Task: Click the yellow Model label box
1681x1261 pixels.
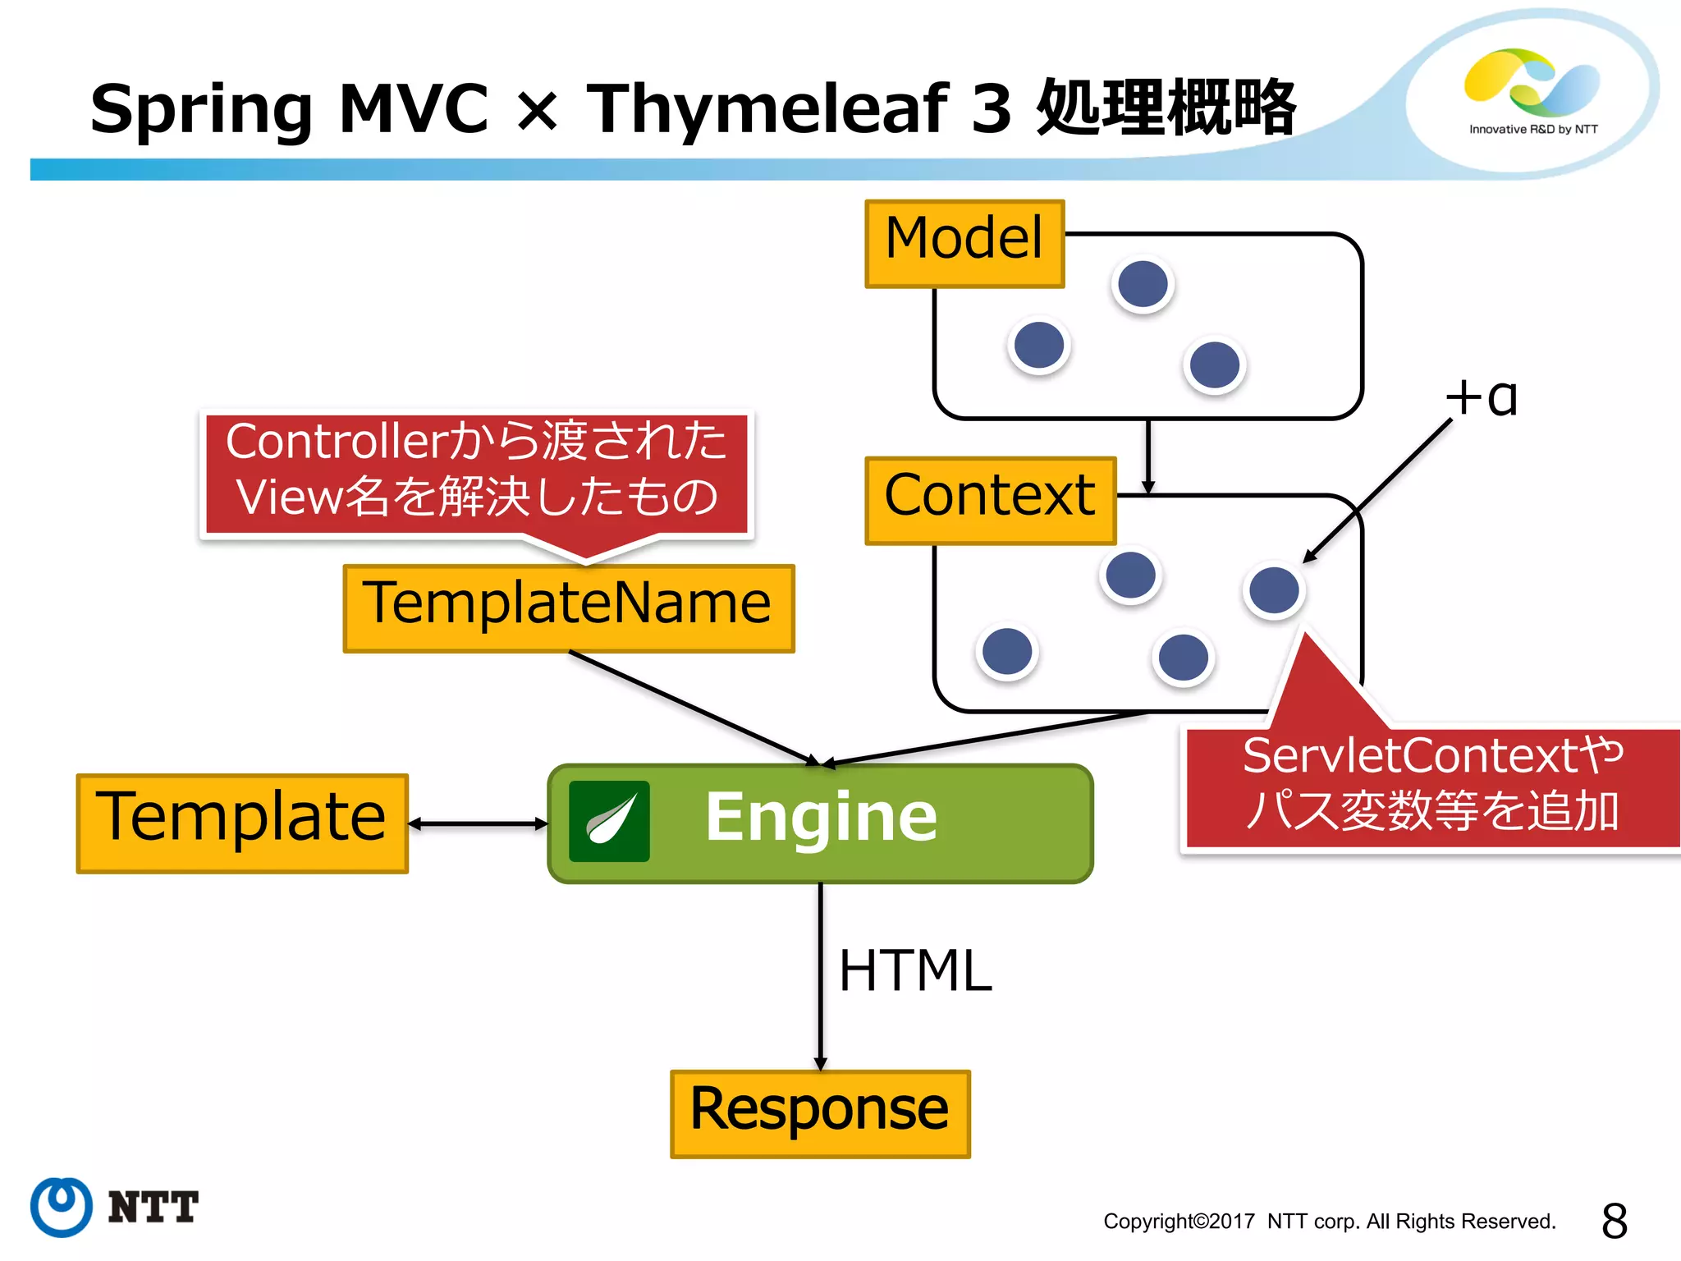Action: pyautogui.click(x=964, y=243)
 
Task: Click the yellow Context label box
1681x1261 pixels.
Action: pyautogui.click(x=990, y=500)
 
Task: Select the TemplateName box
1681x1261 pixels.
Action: pyautogui.click(x=568, y=608)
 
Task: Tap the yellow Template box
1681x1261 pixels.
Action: pyautogui.click(x=242, y=823)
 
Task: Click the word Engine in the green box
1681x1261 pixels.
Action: pyautogui.click(x=821, y=817)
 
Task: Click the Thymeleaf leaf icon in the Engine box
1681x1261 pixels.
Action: pyautogui.click(x=609, y=821)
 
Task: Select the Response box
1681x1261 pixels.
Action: pyautogui.click(x=820, y=1113)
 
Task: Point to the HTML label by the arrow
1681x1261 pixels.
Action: pyautogui.click(x=915, y=971)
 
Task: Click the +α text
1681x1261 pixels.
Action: pyautogui.click(x=1482, y=399)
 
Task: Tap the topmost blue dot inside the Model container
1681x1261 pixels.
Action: pyautogui.click(x=1143, y=284)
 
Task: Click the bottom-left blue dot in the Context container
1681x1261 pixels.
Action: pyautogui.click(x=1007, y=651)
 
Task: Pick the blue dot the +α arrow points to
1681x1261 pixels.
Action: pyautogui.click(x=1274, y=589)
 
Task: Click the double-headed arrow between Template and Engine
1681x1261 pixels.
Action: pyautogui.click(x=478, y=823)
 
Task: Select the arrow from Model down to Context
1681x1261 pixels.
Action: pyautogui.click(x=1148, y=456)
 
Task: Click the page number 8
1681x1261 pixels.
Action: pyautogui.click(x=1614, y=1221)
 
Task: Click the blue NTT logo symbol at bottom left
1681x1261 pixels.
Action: pyautogui.click(x=62, y=1206)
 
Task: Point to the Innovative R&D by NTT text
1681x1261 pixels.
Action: pyautogui.click(x=1533, y=129)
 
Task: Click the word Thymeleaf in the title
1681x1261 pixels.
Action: pyautogui.click(x=767, y=108)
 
